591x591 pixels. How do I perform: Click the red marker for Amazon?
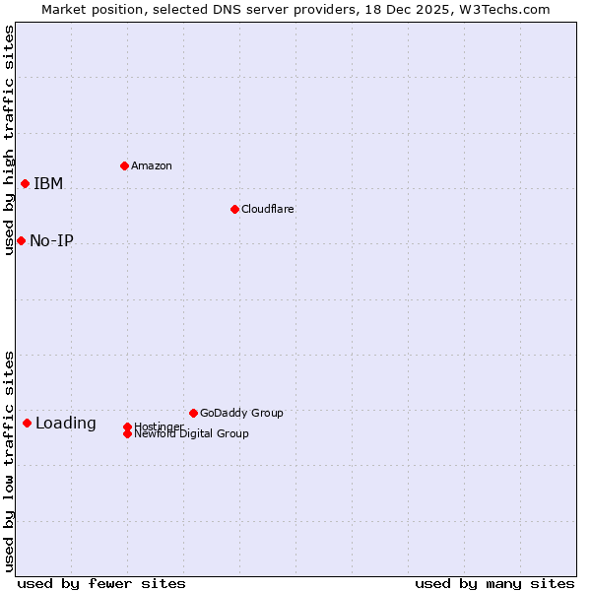tap(124, 165)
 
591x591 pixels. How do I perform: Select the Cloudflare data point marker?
tap(234, 209)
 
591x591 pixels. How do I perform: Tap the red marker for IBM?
tap(25, 183)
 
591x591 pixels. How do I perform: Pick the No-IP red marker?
tap(21, 240)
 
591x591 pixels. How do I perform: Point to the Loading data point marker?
tap(27, 423)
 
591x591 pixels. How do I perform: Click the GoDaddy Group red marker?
tap(193, 413)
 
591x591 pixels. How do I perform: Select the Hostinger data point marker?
tap(127, 427)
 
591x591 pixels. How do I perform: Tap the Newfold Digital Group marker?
tap(127, 433)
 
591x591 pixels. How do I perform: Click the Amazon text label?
tap(152, 165)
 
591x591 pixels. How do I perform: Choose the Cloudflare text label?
tap(268, 209)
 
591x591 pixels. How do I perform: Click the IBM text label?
tap(48, 183)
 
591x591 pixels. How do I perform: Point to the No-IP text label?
tap(51, 240)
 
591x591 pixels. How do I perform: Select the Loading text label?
tap(66, 424)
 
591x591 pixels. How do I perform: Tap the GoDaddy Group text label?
tap(241, 413)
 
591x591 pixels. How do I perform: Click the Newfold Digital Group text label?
tap(192, 434)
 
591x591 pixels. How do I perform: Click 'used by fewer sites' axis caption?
tap(101, 583)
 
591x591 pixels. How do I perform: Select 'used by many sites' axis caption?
tap(494, 583)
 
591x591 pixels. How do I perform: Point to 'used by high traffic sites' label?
tap(9, 140)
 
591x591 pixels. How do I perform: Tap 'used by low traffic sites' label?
tap(9, 460)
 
